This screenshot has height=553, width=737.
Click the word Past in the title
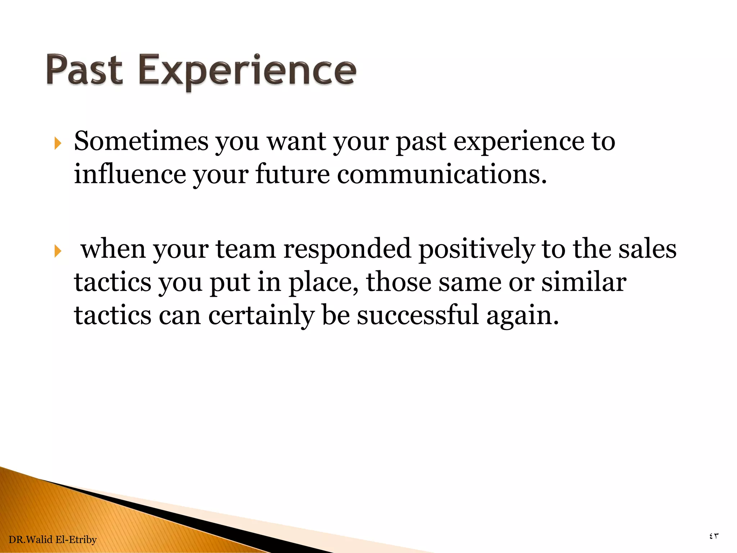(85, 70)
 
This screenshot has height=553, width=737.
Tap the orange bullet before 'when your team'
(58, 251)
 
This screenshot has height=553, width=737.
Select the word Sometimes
(141, 141)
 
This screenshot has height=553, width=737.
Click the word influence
(130, 174)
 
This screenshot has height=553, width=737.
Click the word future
(292, 174)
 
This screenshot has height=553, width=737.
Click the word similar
(584, 282)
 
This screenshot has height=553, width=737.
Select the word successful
(417, 315)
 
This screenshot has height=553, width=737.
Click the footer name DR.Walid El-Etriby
(53, 539)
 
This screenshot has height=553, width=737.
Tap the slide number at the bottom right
(714, 536)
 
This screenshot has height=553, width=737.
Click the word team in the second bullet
(245, 249)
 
